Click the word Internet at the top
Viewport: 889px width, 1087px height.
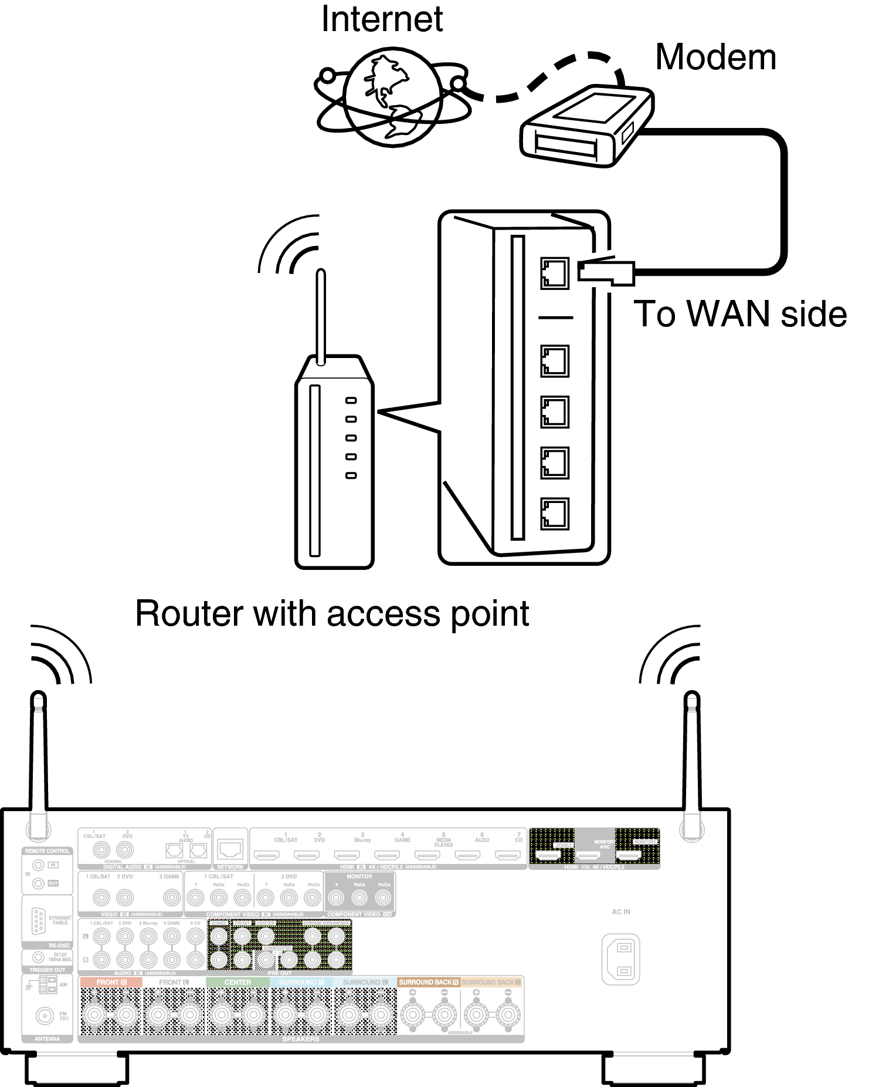(382, 20)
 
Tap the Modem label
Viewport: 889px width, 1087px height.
(715, 58)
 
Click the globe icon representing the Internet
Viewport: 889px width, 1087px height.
(392, 97)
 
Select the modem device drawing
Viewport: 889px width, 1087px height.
(586, 126)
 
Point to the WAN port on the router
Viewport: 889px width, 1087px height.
(554, 274)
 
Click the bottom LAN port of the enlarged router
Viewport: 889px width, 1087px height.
(554, 514)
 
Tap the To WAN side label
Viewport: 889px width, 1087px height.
(740, 314)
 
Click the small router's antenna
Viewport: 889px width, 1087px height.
(321, 317)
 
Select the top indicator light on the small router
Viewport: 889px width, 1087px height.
(351, 400)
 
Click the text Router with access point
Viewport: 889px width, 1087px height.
(332, 614)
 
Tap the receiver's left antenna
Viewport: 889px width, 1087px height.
(39, 763)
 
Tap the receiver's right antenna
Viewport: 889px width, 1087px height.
(692, 763)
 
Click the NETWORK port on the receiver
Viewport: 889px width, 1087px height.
(230, 849)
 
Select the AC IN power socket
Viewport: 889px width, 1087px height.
(620, 960)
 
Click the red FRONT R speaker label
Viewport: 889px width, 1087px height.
(111, 982)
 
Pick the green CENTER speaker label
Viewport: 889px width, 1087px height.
(237, 982)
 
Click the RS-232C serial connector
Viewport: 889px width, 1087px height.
(39, 920)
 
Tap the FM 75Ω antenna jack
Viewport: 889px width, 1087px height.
(45, 1015)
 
